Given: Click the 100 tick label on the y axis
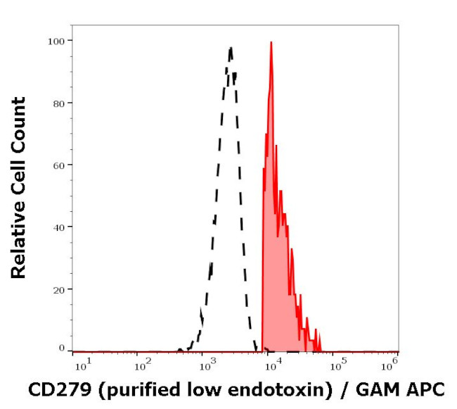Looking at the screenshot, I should pos(56,41).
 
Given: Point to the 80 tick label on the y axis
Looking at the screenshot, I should pos(59,103).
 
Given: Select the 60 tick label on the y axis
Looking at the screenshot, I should pos(59,165).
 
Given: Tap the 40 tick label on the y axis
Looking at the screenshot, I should pos(59,227).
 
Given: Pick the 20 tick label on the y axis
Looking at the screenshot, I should pos(59,289).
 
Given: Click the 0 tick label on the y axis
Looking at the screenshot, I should pos(62,348).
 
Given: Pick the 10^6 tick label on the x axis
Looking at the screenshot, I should pos(392,363).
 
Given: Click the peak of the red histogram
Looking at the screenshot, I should pos(271,42).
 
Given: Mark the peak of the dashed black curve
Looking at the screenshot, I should pos(230,48).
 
